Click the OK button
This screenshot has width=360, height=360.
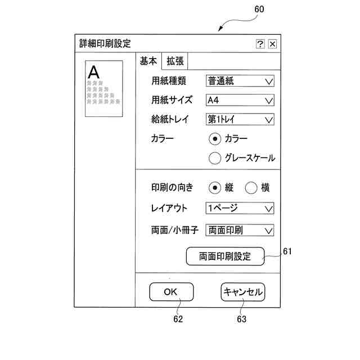coord(171,292)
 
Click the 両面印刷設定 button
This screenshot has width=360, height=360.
coord(225,256)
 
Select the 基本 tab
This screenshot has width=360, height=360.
coord(148,61)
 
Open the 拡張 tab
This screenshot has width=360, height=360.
coord(175,61)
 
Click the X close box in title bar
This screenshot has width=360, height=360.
coord(272,44)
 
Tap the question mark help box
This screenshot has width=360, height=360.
coord(260,44)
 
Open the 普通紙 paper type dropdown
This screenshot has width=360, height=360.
coord(240,81)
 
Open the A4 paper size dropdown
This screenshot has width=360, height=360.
coord(240,100)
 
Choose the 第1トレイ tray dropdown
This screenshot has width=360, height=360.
coord(240,119)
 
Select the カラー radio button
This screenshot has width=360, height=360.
coord(214,138)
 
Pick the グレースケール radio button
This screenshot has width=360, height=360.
coord(214,158)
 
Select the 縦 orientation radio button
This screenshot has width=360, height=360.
coord(214,188)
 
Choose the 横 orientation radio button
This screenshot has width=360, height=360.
coord(251,188)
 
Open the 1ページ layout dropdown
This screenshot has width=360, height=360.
coord(240,208)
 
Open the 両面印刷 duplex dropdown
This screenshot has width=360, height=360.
coord(240,229)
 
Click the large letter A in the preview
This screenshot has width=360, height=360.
coord(94,72)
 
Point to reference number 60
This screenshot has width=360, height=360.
coord(259,9)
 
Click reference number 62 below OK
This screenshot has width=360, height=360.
coord(178,319)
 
